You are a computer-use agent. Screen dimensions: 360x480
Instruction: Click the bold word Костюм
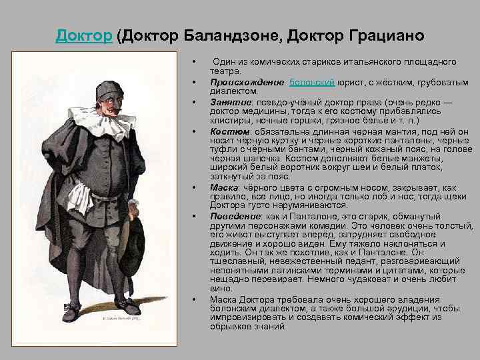(x=230, y=132)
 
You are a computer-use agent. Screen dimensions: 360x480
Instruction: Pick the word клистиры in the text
(x=229, y=122)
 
